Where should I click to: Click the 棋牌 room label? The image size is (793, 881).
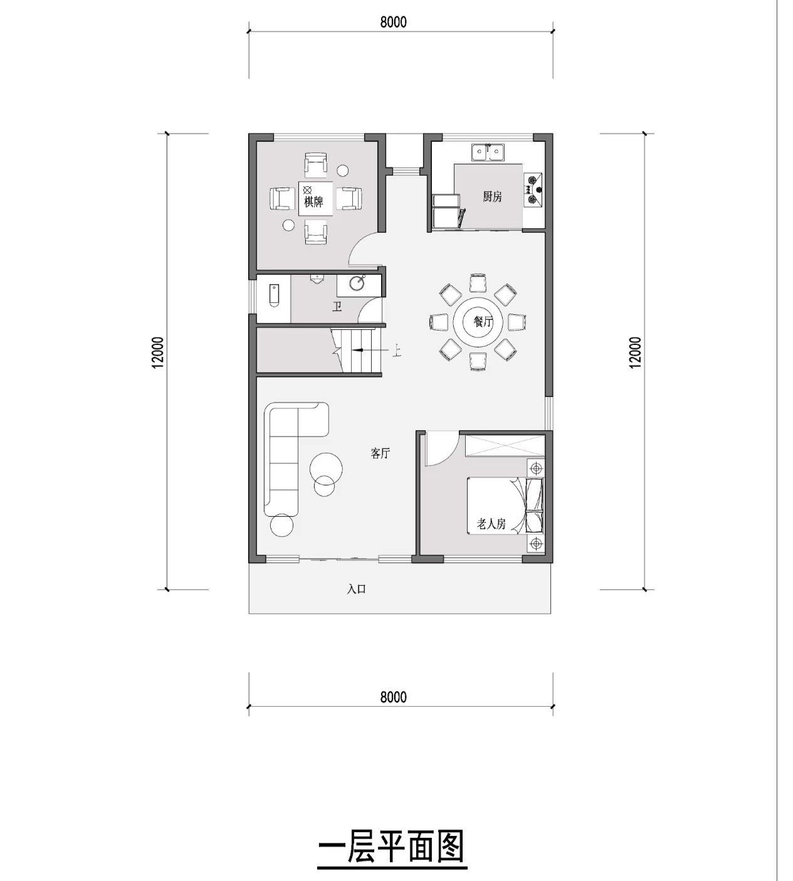click(313, 201)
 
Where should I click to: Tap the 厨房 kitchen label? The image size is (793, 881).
click(491, 196)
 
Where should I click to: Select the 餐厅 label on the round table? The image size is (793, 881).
click(482, 322)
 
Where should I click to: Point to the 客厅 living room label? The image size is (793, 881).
click(381, 453)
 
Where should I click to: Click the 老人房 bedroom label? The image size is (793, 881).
click(491, 524)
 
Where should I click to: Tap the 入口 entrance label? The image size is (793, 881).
click(356, 589)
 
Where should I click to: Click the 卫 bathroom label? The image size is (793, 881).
click(337, 307)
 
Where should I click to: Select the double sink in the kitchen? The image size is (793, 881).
click(488, 153)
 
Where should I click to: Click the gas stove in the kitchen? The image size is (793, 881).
click(533, 190)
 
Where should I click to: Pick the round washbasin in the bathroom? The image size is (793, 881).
click(357, 283)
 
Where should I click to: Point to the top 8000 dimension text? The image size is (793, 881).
click(394, 22)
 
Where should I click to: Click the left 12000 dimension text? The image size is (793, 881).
click(158, 352)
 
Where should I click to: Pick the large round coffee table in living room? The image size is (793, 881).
click(326, 468)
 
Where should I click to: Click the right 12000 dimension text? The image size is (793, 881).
click(636, 352)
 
